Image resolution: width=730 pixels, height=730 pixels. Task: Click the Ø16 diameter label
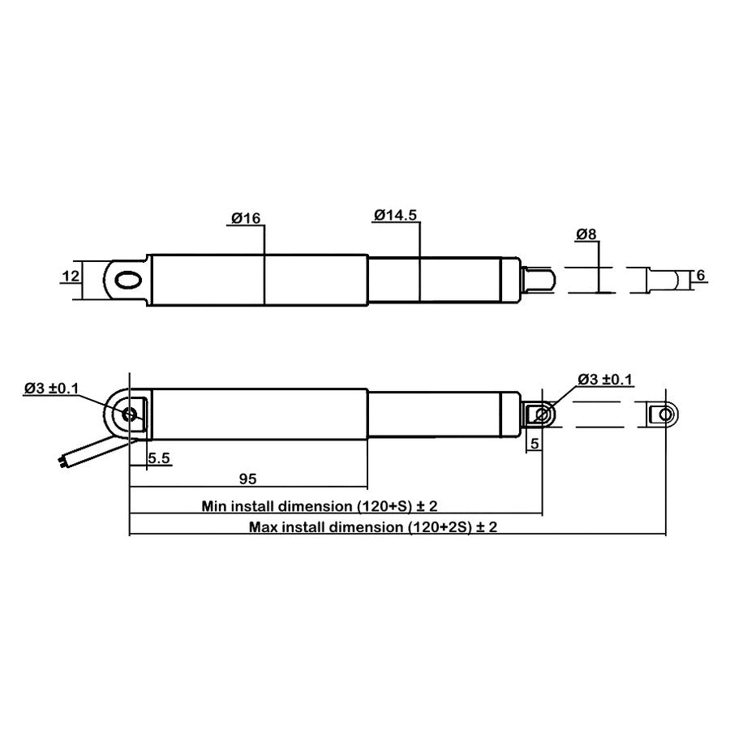[x=245, y=217]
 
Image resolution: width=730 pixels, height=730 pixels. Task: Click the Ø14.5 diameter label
[x=396, y=216]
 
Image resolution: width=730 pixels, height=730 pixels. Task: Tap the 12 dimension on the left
[x=71, y=276]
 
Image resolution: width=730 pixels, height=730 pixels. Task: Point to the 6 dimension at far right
[x=700, y=276]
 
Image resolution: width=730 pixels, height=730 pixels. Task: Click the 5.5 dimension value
[x=159, y=459]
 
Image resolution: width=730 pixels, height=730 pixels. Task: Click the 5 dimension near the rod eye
[x=535, y=443]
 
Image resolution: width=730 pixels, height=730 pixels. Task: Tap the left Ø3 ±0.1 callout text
[x=52, y=389]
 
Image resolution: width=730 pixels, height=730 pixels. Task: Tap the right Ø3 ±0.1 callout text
[x=605, y=379]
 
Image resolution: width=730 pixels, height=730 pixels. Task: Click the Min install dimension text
[x=320, y=506]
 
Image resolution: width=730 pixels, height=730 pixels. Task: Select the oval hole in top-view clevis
[x=128, y=280]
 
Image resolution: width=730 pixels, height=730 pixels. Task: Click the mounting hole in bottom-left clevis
[x=129, y=414]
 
